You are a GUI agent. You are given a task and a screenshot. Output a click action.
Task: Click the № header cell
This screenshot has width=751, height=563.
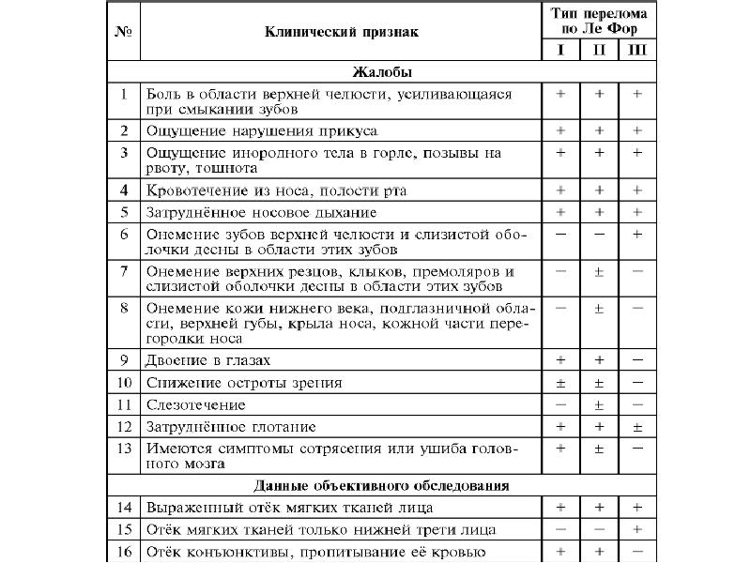(125, 32)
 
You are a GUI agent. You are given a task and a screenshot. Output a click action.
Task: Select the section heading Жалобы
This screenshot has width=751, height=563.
(382, 71)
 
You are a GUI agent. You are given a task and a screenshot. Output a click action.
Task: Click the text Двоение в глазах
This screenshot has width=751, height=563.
(207, 360)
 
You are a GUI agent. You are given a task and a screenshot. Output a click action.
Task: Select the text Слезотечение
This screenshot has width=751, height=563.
(195, 404)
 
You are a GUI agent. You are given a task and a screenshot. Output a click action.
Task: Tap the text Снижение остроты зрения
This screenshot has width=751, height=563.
(243, 383)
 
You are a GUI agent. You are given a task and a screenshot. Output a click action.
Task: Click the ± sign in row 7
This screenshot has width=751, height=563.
(599, 271)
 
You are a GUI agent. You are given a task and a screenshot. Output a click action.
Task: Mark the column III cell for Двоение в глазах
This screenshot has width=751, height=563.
(637, 360)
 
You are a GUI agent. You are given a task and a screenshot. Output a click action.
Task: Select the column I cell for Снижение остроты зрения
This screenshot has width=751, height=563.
(560, 383)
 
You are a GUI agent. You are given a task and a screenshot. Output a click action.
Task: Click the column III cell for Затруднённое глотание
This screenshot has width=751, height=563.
(637, 428)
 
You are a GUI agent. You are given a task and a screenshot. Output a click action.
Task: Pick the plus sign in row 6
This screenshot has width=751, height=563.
(637, 235)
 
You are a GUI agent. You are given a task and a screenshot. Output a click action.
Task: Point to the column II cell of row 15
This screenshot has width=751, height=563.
(599, 530)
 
